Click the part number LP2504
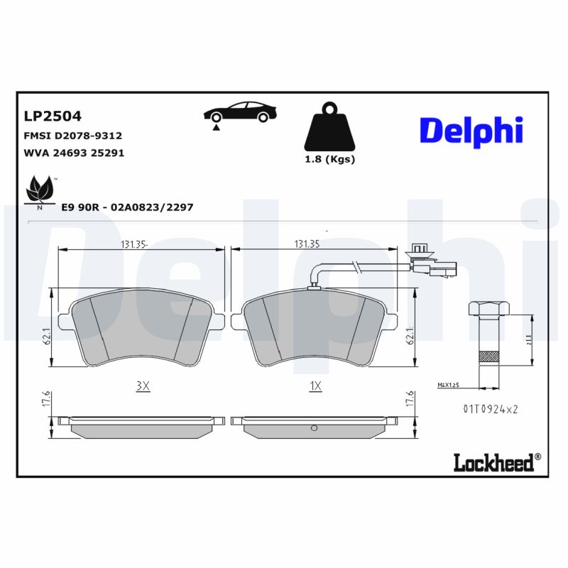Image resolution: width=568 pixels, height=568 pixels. coord(53,116)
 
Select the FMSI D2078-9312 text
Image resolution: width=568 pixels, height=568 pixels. coord(73,135)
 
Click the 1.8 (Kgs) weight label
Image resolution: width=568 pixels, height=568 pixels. coord(329,159)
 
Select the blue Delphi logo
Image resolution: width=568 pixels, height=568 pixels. coord(471,131)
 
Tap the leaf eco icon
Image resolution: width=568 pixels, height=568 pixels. coord(40,190)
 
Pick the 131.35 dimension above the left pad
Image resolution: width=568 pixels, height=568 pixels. coord(133,244)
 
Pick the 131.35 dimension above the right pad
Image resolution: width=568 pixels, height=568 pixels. coord(307,244)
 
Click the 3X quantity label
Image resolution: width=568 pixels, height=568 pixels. coord(143,386)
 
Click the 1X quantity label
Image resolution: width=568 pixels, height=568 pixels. coord(316,386)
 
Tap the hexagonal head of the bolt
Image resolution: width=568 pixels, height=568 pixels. coord(488,309)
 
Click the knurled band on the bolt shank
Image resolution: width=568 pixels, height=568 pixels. coord(488,357)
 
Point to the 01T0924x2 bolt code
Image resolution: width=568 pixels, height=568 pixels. coord(491,410)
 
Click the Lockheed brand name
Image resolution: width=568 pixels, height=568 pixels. coord(493,463)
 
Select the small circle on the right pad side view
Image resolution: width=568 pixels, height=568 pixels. coord(314,427)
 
